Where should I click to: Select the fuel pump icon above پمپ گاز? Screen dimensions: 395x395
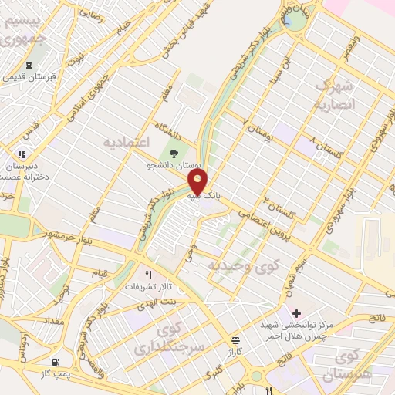click(56, 362)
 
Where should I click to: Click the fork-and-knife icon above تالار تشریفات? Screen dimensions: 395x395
click(149, 274)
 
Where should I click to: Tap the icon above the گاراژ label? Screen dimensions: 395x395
click(235, 339)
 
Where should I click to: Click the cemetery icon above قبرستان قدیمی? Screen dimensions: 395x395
click(29, 66)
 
